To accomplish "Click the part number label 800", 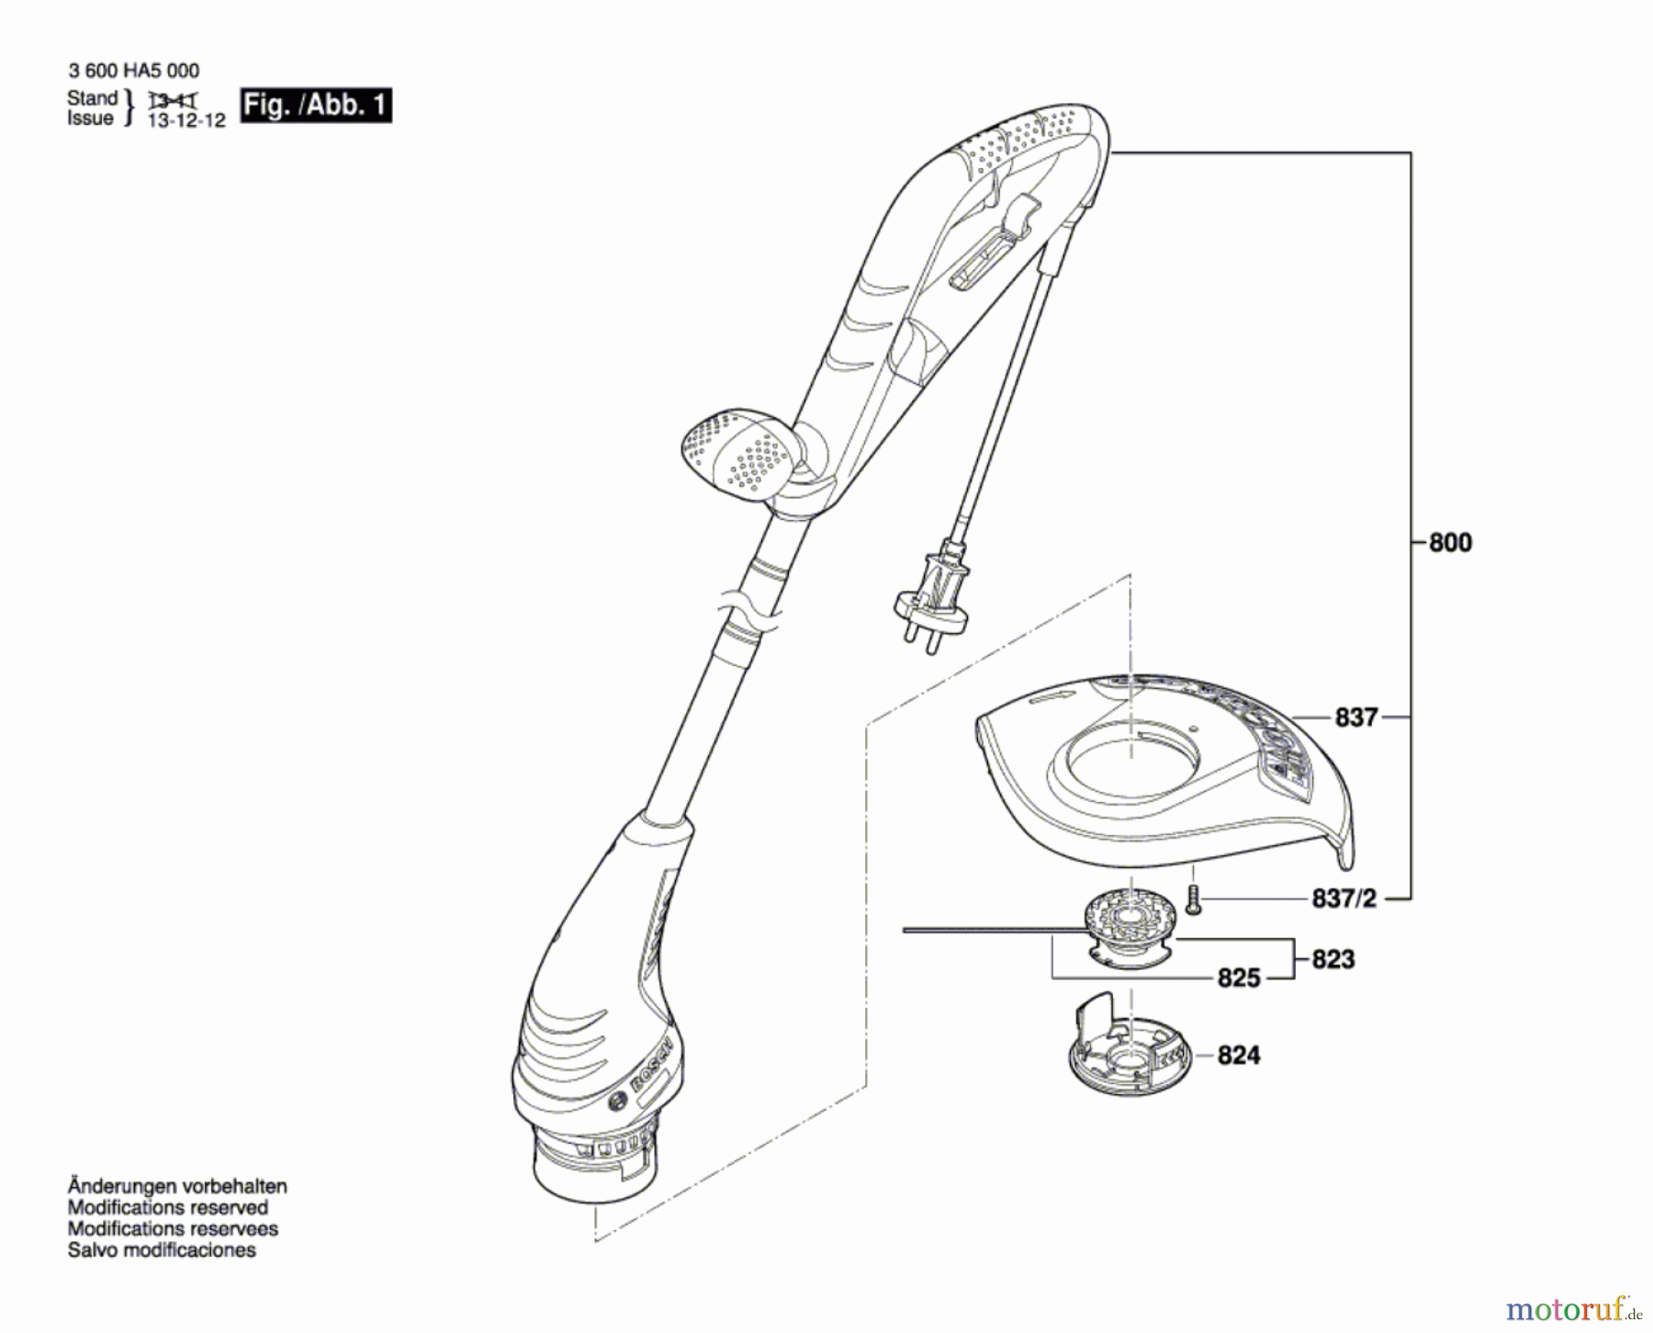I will (1450, 543).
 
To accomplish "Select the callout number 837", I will (1355, 717).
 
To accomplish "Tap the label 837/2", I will (1344, 898).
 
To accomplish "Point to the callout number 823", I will (1333, 959).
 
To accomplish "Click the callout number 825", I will (1238, 977).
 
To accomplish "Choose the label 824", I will (1238, 1055).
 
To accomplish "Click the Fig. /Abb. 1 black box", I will (315, 105).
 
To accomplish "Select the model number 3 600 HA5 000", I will (133, 71).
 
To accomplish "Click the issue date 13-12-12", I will (186, 121).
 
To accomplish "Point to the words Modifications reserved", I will (167, 1207).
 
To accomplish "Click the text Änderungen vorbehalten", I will (176, 1186).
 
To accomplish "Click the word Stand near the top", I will (92, 97).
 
